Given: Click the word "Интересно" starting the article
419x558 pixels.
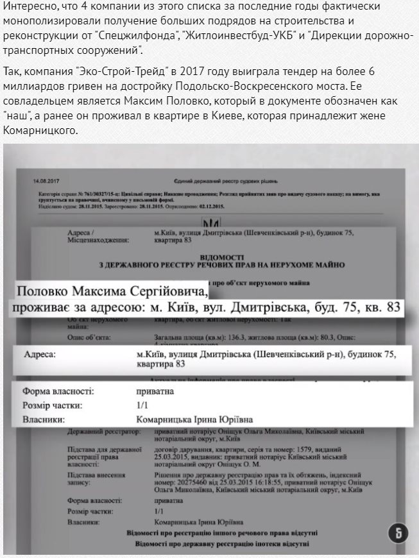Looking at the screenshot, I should coord(28,6).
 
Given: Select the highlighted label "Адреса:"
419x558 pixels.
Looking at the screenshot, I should coord(39,354).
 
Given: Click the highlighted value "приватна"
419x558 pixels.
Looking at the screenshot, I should coord(155,391).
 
